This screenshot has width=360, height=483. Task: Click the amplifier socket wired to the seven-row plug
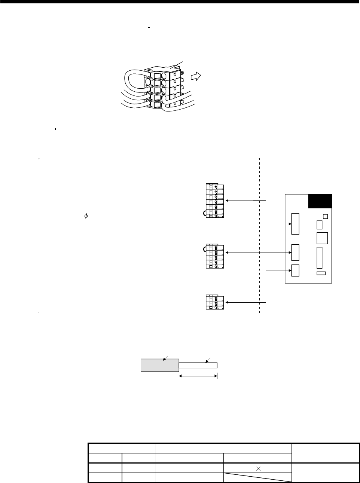click(295, 224)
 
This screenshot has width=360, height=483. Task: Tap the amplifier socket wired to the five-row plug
click(295, 253)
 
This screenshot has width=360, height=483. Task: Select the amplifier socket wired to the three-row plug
click(295, 270)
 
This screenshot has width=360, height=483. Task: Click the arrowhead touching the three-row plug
click(228, 302)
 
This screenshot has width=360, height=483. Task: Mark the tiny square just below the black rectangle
click(325, 216)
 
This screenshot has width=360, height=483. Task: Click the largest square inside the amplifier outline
click(322, 238)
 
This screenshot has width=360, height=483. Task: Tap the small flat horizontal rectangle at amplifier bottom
click(321, 273)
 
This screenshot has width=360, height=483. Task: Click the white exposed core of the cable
click(198, 365)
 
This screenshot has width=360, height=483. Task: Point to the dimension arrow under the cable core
click(198, 376)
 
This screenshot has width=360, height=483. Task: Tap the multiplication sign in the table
click(257, 466)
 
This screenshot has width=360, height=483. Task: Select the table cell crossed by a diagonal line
click(257, 476)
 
